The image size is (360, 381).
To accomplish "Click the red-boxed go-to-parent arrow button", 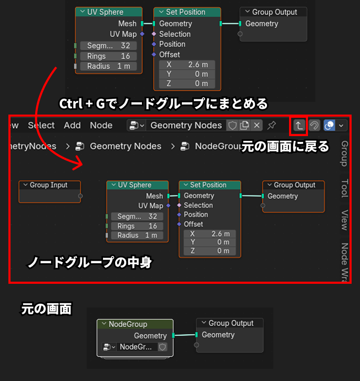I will pos(298,126).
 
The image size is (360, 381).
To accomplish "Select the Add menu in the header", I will pos(73,125).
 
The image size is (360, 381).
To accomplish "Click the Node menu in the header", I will pos(101,125).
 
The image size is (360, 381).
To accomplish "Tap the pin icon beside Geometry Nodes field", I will pos(272,125).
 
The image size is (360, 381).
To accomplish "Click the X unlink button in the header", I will pos(256,125).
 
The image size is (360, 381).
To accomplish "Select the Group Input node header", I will pos(50,185).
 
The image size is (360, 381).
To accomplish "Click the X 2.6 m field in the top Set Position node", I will pos(187,65).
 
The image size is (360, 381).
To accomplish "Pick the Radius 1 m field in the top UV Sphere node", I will pos(108,66).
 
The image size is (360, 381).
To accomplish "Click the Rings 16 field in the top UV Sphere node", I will pos(108,56).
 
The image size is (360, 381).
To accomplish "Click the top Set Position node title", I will pos(185,12).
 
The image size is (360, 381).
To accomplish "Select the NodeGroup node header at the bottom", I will pos(135,324).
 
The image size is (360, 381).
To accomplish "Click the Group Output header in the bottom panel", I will pos(230,323).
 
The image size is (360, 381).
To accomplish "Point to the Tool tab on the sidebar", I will pos(345,188).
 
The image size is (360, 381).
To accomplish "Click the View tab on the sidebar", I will pos(345,220).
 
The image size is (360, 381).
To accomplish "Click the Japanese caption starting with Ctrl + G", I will pos(163,104).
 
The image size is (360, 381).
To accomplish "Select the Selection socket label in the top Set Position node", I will pos(174,34).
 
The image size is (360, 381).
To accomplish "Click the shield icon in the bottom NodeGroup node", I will pos(163,347).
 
